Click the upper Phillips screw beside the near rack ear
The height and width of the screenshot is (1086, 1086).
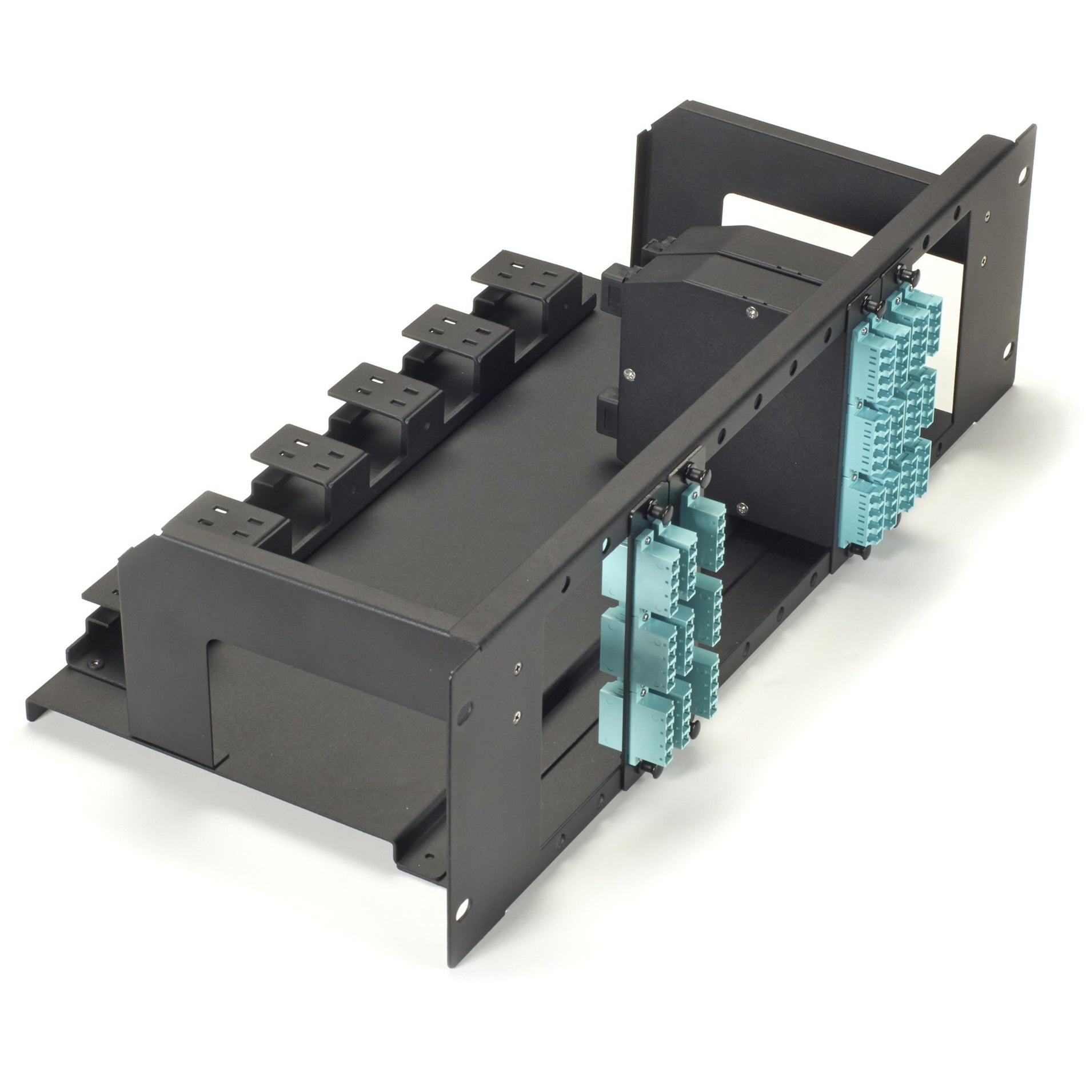(518, 666)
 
